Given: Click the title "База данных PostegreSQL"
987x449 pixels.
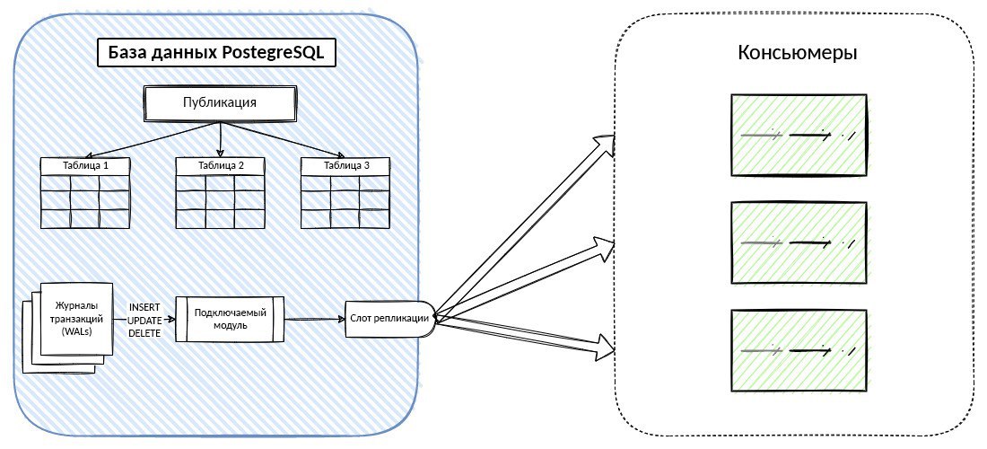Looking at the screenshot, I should pyautogui.click(x=215, y=54).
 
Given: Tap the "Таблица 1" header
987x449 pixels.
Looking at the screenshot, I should pyautogui.click(x=85, y=166).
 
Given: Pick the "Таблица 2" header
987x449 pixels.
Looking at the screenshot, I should pyautogui.click(x=219, y=166).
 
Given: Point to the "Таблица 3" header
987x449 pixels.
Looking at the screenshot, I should pyautogui.click(x=345, y=166).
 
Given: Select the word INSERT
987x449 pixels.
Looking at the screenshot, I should pyautogui.click(x=144, y=307).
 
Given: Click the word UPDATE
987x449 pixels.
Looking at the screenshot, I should pyautogui.click(x=144, y=320).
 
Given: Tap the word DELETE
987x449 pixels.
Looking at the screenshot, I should pyautogui.click(x=144, y=333).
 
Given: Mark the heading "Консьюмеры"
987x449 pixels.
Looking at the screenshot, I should pyautogui.click(x=797, y=53).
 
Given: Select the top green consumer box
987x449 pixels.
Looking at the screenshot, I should pyautogui.click(x=799, y=135).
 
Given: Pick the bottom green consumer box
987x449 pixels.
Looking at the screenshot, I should pyautogui.click(x=799, y=349).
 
